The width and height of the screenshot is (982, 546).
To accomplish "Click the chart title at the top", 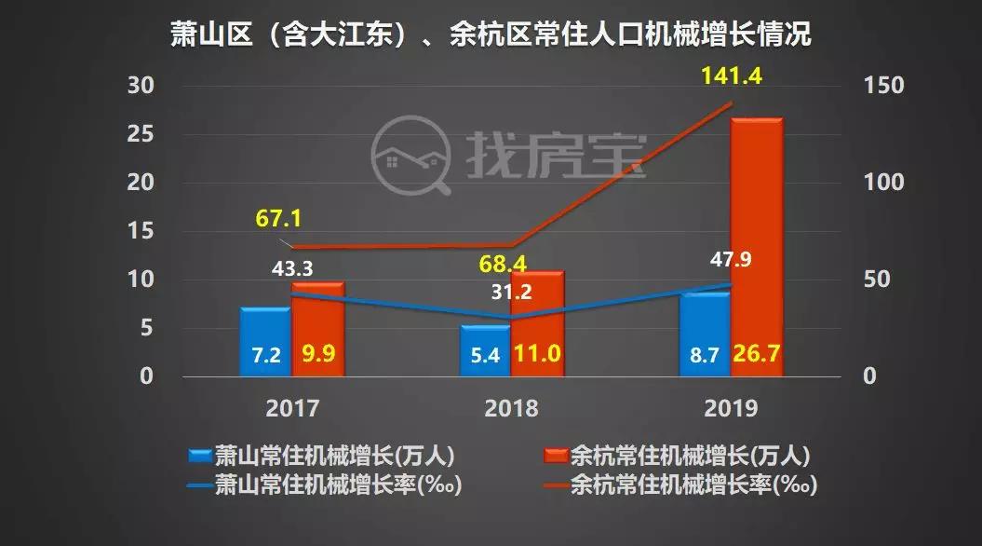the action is click(x=491, y=35).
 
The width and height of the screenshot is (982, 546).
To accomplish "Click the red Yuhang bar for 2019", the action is click(x=757, y=247).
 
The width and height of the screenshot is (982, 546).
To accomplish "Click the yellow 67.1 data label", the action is click(x=280, y=220).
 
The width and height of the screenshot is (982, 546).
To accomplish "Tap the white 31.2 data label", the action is click(x=511, y=292).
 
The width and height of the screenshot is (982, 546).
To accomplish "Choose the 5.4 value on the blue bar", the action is click(x=486, y=356).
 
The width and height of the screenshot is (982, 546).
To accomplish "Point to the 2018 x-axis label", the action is click(x=511, y=408).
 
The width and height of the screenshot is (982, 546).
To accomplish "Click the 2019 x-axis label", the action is click(x=731, y=408).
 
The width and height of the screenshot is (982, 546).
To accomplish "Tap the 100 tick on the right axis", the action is click(x=883, y=183).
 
